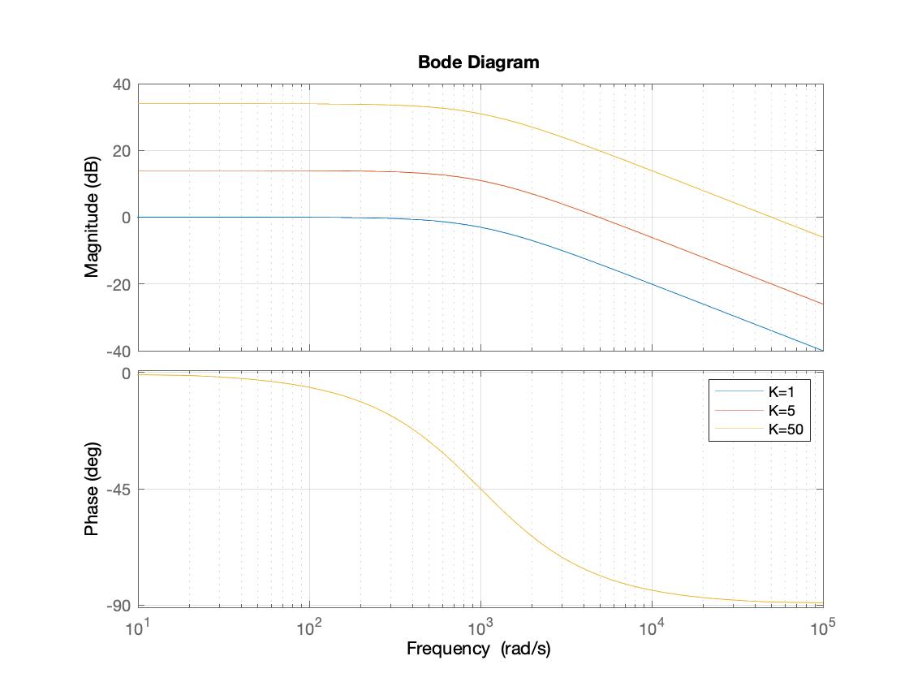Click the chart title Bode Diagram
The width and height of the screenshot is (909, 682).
(478, 63)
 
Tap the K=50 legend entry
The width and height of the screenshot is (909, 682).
(785, 429)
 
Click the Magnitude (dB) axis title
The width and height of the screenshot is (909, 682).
(92, 217)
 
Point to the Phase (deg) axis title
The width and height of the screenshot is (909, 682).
(92, 489)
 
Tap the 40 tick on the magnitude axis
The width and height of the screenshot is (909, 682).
(122, 84)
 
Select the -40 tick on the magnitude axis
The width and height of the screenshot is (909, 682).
(118, 351)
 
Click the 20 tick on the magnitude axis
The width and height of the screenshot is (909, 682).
(122, 151)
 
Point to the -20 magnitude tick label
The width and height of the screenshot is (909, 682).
(118, 284)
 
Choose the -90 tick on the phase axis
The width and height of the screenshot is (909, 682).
(118, 606)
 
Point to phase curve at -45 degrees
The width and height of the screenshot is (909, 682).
(480, 489)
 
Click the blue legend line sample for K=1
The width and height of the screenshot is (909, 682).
(738, 392)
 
